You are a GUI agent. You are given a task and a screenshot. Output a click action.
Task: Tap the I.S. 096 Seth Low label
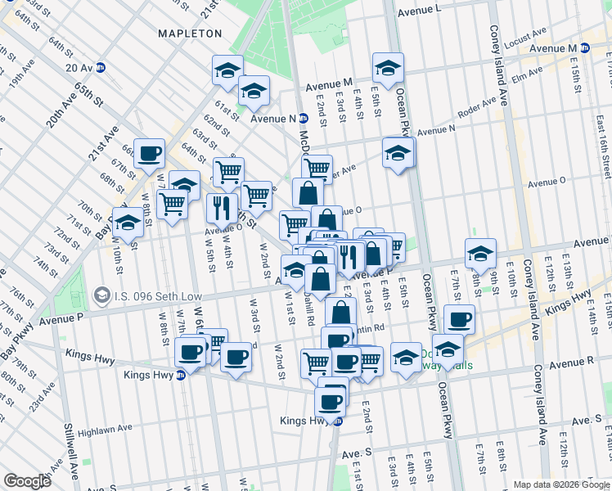(145, 292)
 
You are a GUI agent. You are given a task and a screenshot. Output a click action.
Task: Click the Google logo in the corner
(26, 480)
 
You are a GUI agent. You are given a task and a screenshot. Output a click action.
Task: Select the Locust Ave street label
(528, 35)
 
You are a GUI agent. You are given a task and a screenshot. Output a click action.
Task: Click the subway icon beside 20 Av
(101, 67)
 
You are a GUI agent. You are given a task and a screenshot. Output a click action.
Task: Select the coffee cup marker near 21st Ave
(150, 153)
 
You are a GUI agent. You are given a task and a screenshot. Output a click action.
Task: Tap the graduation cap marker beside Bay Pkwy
(128, 223)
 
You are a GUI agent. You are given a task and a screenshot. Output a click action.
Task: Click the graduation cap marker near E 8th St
(480, 253)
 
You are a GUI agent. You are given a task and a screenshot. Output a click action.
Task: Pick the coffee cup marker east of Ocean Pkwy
(460, 318)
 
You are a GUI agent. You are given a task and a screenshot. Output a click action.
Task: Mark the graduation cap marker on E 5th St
(388, 68)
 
